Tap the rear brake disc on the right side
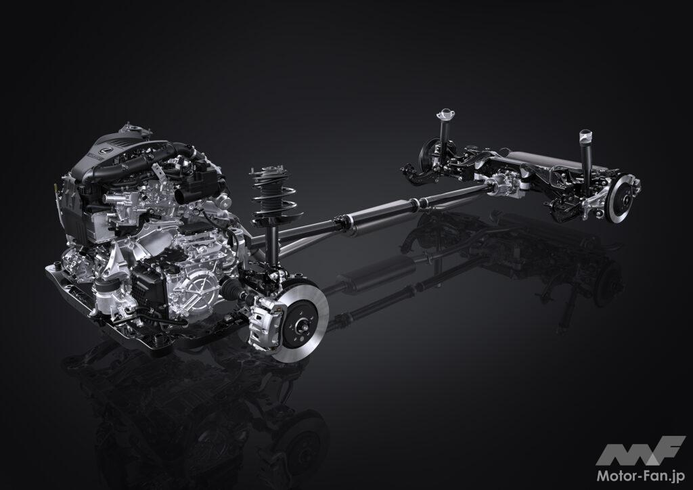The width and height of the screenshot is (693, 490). click(625, 198)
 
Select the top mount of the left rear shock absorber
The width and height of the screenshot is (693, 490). click(446, 114)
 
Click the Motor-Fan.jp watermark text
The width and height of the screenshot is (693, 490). click(641, 476)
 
